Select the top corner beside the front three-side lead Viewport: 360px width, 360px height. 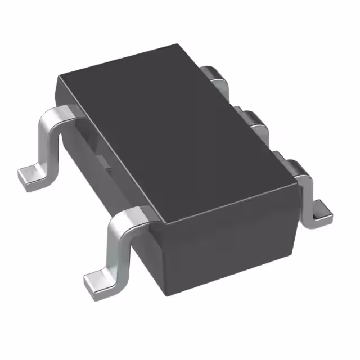pos(296,179)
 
